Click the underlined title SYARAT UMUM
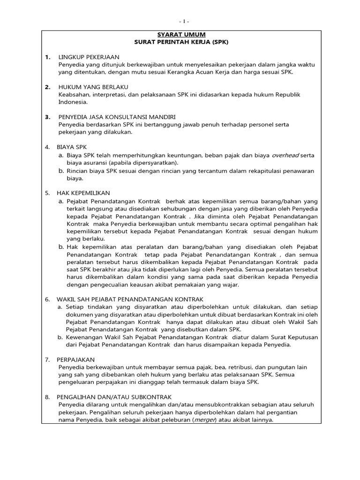click(181, 35)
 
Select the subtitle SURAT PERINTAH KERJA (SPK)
click(181, 42)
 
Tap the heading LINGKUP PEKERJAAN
click(89, 57)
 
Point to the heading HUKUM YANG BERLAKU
click(93, 87)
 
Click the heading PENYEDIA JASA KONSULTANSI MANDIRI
click(117, 117)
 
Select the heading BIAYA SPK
click(72, 147)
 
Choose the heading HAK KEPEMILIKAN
click(83, 193)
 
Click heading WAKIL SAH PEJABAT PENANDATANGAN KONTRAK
click(130, 299)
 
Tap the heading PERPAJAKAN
click(76, 360)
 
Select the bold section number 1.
click(47, 57)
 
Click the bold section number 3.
click(47, 117)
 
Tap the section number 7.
click(47, 360)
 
